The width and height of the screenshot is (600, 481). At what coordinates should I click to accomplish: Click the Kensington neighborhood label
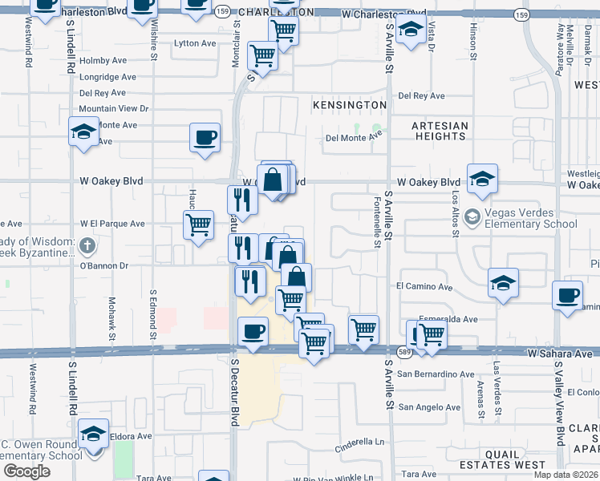click(350, 105)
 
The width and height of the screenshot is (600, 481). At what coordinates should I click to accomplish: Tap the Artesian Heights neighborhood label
click(440, 131)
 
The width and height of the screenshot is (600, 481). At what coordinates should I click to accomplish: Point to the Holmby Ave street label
click(103, 60)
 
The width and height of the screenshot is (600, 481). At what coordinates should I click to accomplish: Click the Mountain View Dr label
click(114, 108)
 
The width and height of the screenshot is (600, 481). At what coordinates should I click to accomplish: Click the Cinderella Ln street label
click(360, 442)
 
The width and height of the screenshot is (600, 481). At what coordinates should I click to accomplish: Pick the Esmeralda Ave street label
click(448, 318)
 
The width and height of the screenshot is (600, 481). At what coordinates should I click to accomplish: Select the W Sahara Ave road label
click(560, 353)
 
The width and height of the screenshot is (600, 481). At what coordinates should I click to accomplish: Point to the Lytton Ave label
click(195, 43)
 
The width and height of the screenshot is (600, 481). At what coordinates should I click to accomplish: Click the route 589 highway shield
click(403, 353)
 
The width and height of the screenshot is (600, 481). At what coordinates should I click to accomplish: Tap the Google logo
click(26, 471)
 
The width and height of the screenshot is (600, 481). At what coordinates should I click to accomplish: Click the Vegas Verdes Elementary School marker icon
click(472, 216)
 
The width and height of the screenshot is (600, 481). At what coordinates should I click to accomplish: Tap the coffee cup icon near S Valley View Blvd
click(568, 295)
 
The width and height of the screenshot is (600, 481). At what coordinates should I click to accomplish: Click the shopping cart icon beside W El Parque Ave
click(198, 224)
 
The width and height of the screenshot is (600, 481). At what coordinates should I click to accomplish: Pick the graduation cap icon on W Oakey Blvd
click(482, 180)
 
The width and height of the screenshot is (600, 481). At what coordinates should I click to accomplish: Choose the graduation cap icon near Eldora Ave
click(94, 434)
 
